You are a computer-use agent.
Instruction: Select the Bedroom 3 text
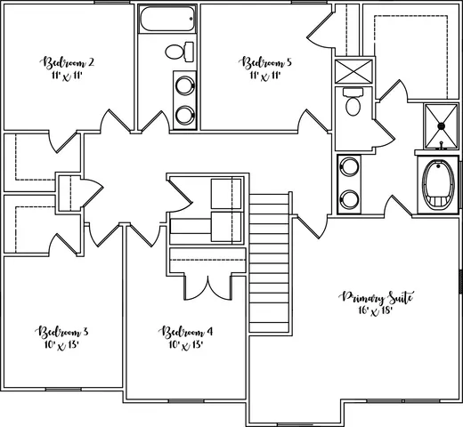click(x=61, y=332)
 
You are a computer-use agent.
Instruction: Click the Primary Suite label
click(x=377, y=297)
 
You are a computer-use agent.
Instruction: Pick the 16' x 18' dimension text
click(x=377, y=311)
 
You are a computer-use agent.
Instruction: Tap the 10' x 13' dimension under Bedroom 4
click(x=186, y=345)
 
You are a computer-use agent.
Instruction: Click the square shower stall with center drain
click(x=438, y=124)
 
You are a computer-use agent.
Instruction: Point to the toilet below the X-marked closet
click(x=353, y=103)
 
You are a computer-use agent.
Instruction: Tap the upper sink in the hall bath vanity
click(x=184, y=86)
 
